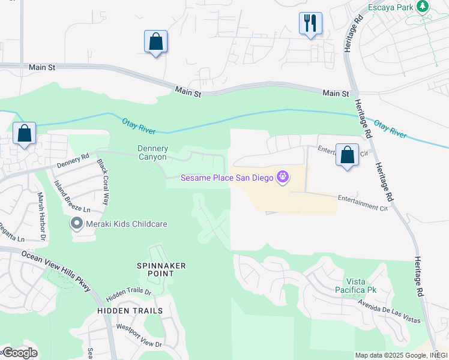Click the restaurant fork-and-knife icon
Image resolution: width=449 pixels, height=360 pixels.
tap(310, 23)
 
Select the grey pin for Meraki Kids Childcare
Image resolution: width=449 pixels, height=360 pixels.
tap(76, 224)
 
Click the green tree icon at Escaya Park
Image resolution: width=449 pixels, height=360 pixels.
tap(423, 6)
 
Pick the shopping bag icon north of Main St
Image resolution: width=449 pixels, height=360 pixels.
tap(155, 41)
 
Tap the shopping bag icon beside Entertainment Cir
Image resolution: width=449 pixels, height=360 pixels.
tap(347, 155)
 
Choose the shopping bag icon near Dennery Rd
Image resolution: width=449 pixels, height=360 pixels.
tap(24, 134)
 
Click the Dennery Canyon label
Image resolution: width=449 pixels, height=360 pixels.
tap(152, 152)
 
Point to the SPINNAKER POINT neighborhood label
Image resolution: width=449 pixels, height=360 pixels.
tap(161, 269)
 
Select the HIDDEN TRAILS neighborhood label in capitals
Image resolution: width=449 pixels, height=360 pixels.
tap(130, 311)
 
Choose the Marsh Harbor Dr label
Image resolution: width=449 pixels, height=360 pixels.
tap(42, 211)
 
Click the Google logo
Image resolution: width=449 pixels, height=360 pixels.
tap(19, 353)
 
